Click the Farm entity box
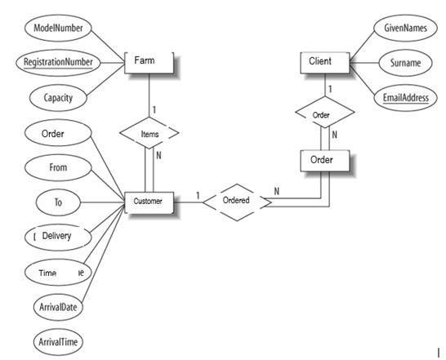[x=149, y=62]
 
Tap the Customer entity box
[x=149, y=200]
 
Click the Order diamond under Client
[x=323, y=114]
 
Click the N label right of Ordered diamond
[x=277, y=192]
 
